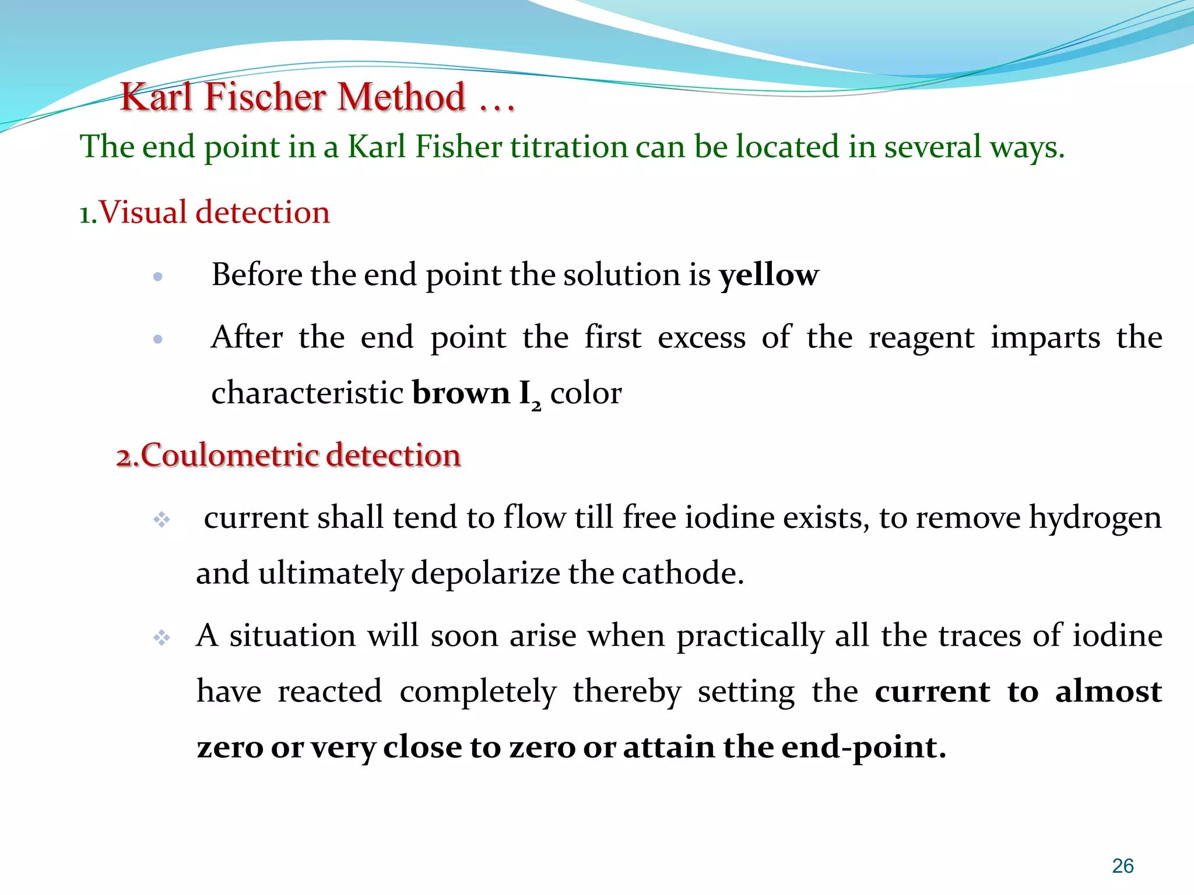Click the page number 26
[1122, 866]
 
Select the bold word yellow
[768, 275]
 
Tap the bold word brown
[461, 393]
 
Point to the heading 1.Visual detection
[205, 212]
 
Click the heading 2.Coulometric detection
[289, 455]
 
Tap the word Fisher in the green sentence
[458, 146]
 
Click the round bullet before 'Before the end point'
[157, 277]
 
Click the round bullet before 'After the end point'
[157, 339]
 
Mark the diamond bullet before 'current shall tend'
[161, 519]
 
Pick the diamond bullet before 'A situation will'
[161, 638]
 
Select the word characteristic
[307, 393]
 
